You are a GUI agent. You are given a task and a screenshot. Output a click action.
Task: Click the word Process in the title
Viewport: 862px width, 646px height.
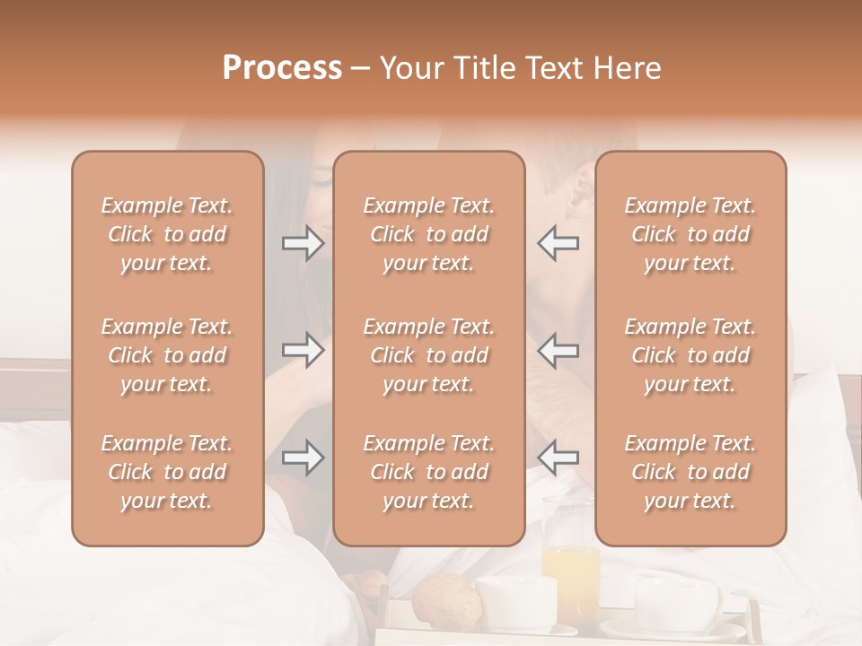[x=282, y=68]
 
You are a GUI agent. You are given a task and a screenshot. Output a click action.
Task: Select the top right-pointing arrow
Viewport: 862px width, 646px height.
[x=303, y=243]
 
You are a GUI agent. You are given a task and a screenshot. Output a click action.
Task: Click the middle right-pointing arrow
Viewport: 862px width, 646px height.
[x=303, y=350]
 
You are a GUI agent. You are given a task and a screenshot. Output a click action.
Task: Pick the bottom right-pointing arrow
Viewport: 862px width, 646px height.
[x=303, y=458]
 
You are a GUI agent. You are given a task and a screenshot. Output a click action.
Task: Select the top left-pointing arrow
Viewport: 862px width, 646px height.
[x=558, y=243]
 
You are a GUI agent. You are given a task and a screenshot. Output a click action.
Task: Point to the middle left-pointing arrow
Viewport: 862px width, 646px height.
[x=558, y=350]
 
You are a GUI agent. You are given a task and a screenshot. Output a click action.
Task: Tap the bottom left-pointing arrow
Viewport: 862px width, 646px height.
[x=558, y=458]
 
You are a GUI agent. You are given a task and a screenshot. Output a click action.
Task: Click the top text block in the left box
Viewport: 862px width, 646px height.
[x=167, y=234]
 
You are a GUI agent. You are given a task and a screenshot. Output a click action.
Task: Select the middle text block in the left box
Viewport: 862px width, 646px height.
[x=167, y=355]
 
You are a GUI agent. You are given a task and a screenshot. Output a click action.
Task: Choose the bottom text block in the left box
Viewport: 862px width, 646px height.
[x=167, y=472]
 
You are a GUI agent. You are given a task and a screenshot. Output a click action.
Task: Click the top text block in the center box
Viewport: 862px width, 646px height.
[x=429, y=234]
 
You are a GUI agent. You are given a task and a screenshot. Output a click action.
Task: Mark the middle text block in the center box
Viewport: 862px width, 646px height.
[x=429, y=355]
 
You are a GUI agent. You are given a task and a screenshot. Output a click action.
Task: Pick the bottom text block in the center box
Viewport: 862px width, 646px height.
[x=429, y=472]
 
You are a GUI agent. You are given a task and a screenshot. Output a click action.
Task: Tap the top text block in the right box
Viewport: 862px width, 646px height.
[x=690, y=234]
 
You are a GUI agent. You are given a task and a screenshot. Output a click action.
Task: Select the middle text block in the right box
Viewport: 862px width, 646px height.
[x=690, y=355]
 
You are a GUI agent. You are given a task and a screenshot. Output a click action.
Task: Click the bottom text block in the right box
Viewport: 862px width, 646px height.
[x=690, y=472]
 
